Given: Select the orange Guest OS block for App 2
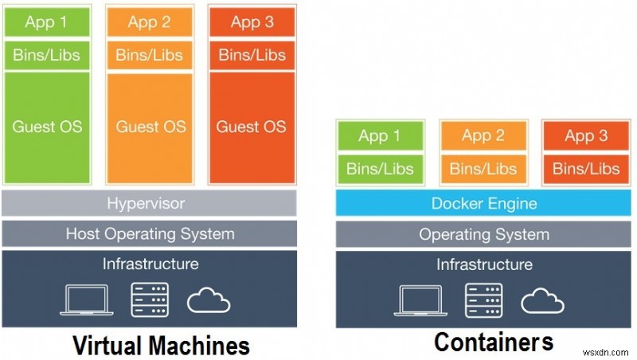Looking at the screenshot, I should (150, 127).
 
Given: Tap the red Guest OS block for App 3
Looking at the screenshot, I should (251, 127).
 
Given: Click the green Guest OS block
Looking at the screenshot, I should (48, 127).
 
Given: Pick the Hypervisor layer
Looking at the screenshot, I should (150, 203).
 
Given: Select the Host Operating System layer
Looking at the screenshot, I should (150, 233).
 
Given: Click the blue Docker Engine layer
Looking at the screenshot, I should (484, 203).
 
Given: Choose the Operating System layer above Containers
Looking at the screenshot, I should (484, 234).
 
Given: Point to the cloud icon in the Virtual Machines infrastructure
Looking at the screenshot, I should (209, 300).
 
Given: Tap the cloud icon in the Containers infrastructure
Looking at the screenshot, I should (543, 300).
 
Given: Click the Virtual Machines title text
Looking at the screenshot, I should (161, 344).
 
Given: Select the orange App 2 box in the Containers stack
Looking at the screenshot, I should (483, 136).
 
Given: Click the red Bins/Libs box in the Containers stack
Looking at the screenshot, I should (586, 168).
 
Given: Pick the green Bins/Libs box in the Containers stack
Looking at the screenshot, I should (380, 168).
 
